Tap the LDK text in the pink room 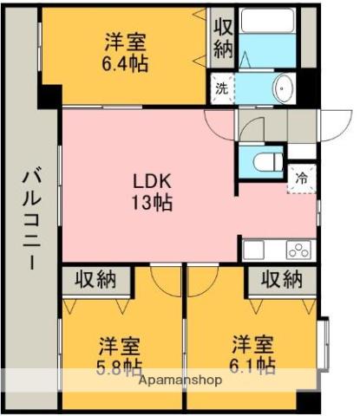point(152,182)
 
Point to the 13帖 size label point(152,204)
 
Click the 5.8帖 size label point(117,366)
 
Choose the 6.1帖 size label point(252,365)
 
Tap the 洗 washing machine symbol point(221,88)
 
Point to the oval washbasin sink point(285,88)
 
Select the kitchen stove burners point(298,250)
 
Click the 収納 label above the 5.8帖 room point(96,280)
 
